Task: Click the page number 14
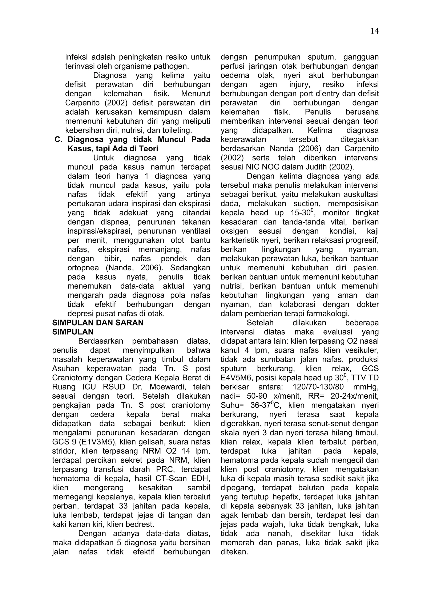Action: (x=374, y=31)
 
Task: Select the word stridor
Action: (x=64, y=451)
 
